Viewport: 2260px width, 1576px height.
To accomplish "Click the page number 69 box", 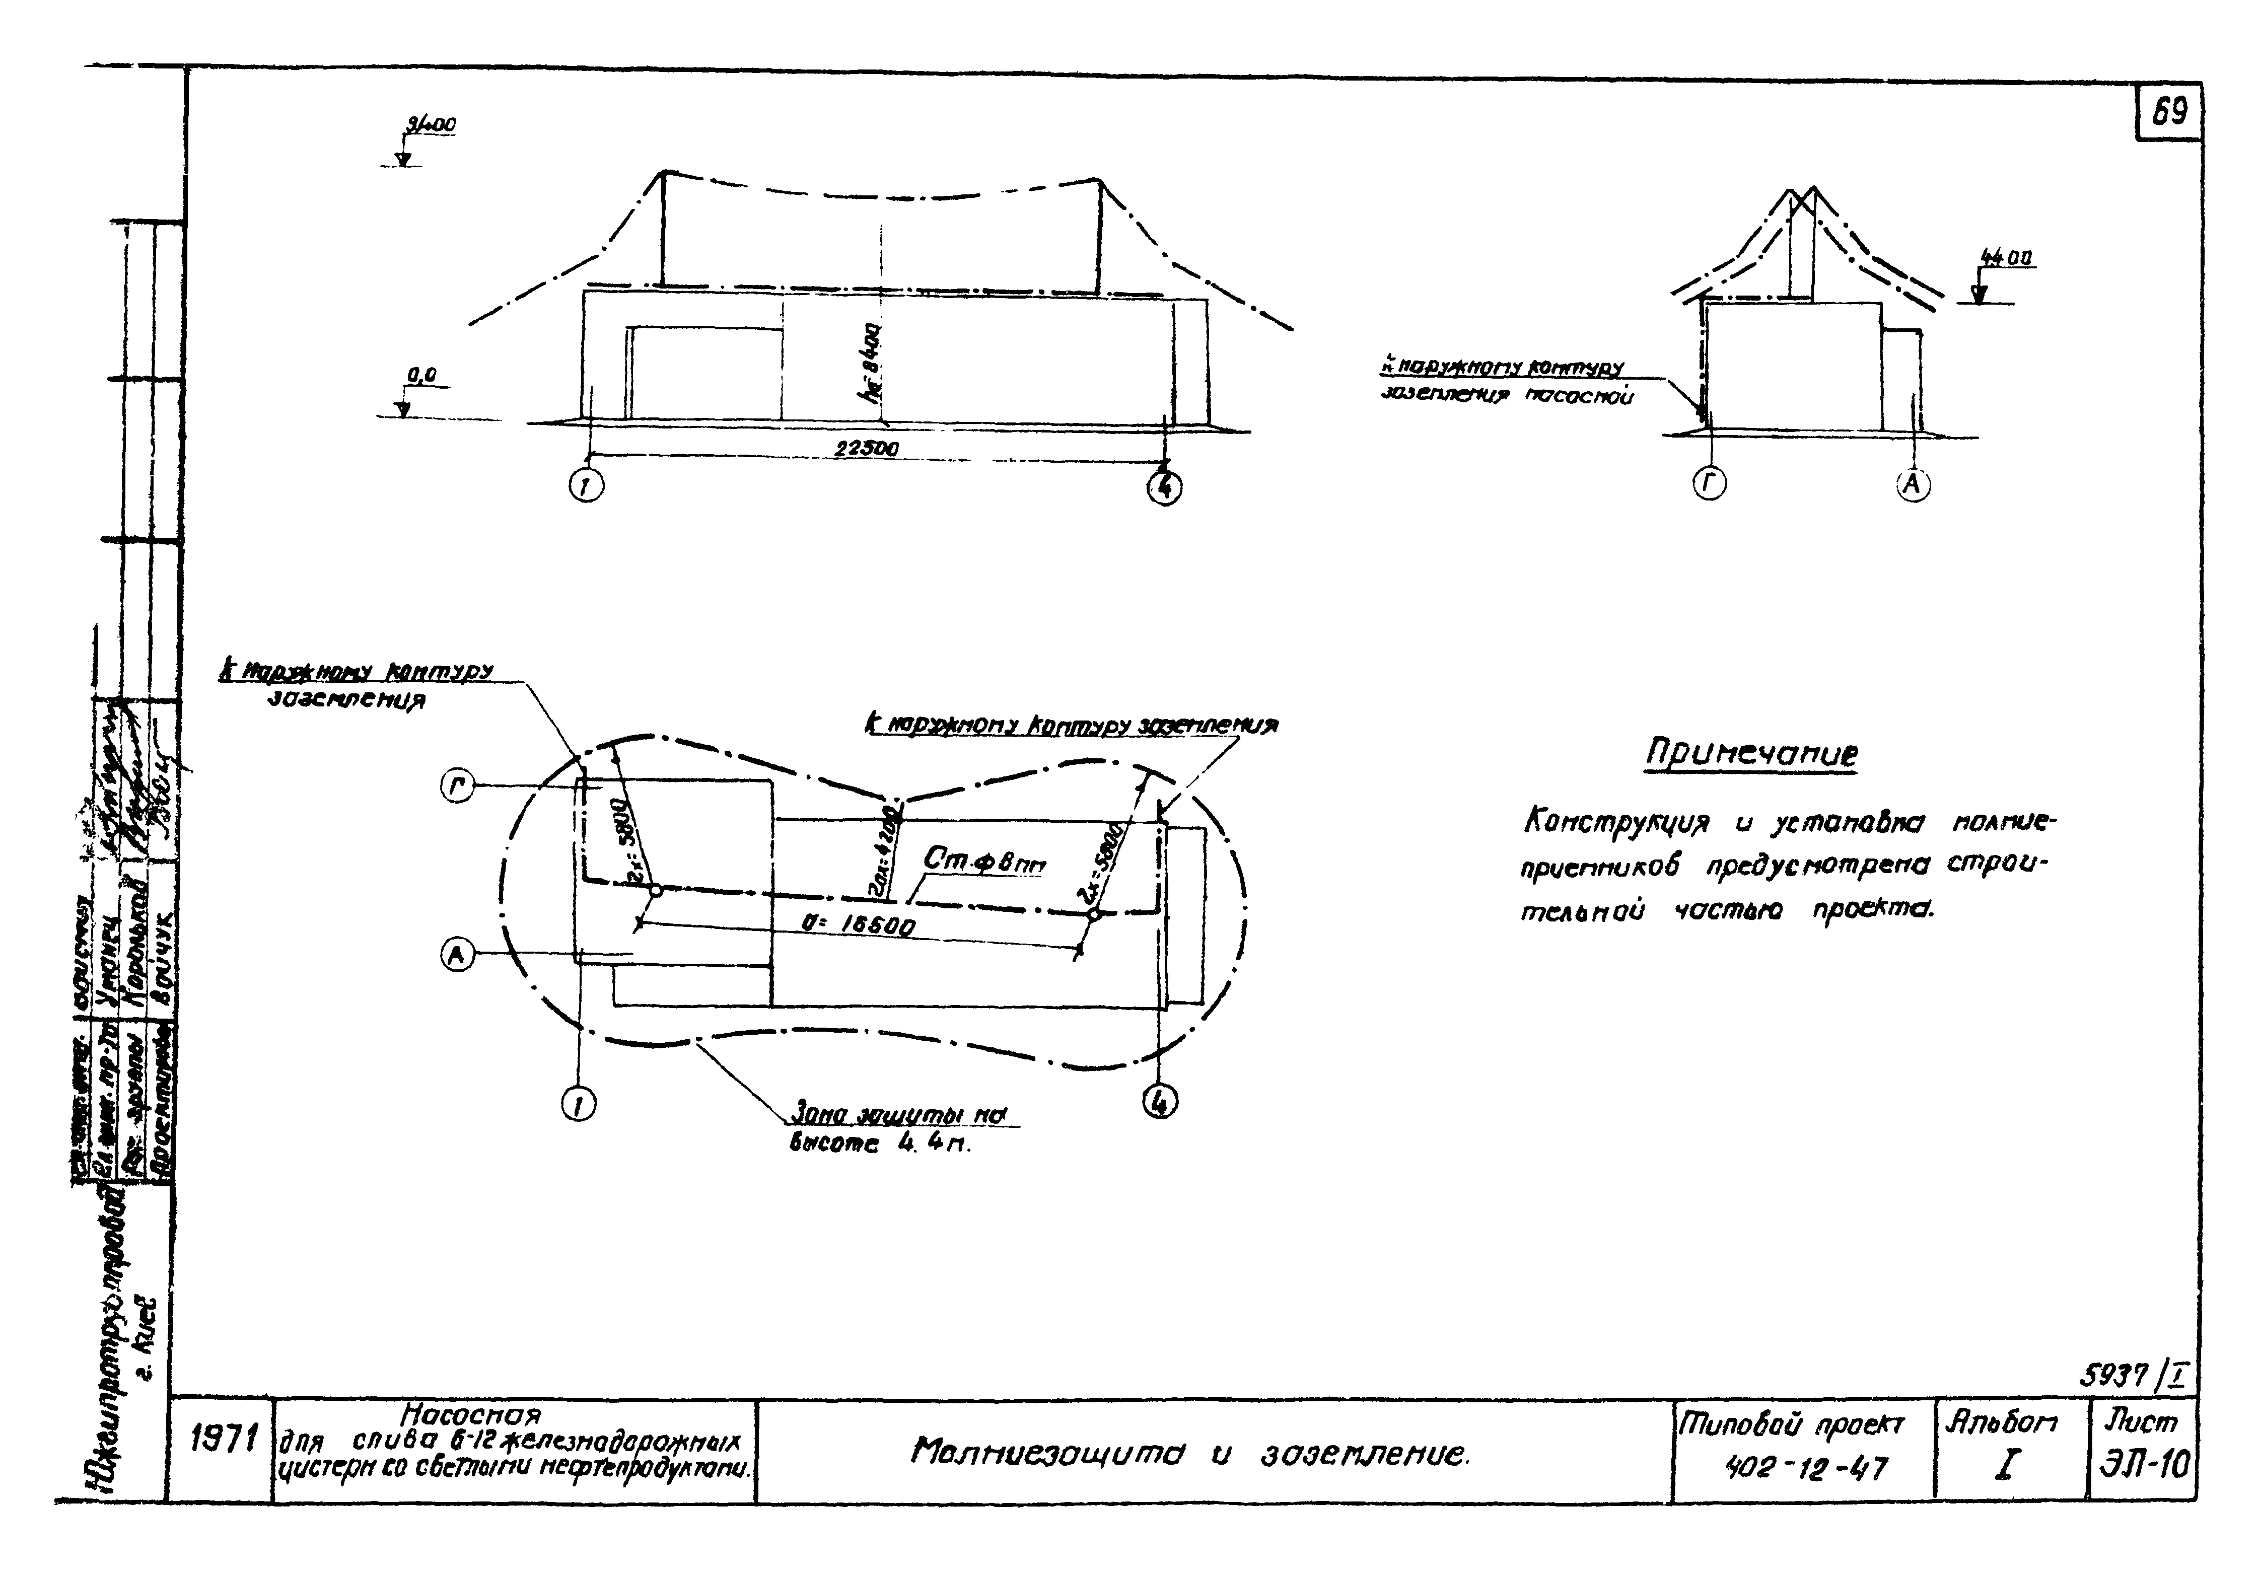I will click(x=2168, y=112).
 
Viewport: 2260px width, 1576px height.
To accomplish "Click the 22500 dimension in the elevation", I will click(x=866, y=449).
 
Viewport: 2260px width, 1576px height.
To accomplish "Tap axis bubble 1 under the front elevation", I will click(x=588, y=486).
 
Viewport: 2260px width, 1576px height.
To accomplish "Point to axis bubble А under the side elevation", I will click(x=1913, y=484).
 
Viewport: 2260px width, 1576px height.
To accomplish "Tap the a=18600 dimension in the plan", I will click(x=859, y=923).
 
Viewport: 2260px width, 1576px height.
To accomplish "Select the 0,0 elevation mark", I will click(x=421, y=375).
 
